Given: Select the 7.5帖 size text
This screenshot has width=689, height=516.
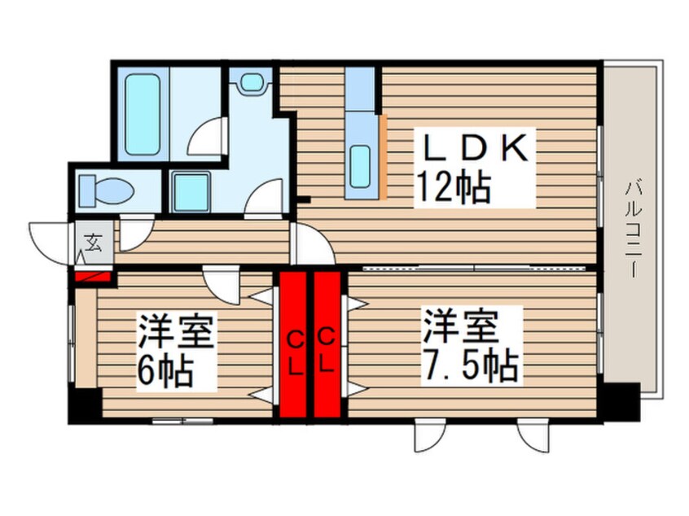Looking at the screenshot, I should click(470, 366).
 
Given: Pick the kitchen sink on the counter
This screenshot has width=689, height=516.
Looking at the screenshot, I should click(360, 166).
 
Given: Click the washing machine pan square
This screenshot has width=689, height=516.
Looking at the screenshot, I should click(191, 192).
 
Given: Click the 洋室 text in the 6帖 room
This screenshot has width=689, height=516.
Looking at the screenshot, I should click(176, 332).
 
